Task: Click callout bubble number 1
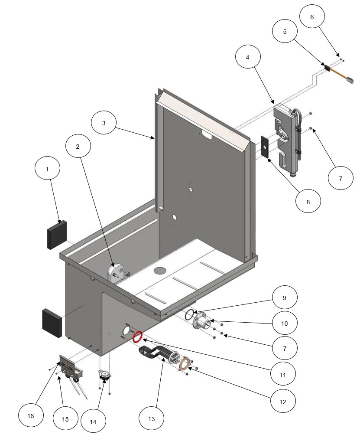(x=48, y=169)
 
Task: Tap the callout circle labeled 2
(x=78, y=147)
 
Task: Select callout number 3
(x=104, y=123)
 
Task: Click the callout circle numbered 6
(x=312, y=17)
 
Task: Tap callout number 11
(x=282, y=373)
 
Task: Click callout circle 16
(x=31, y=415)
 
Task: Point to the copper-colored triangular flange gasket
(x=186, y=363)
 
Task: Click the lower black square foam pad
(x=52, y=324)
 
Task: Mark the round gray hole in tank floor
(x=160, y=271)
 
